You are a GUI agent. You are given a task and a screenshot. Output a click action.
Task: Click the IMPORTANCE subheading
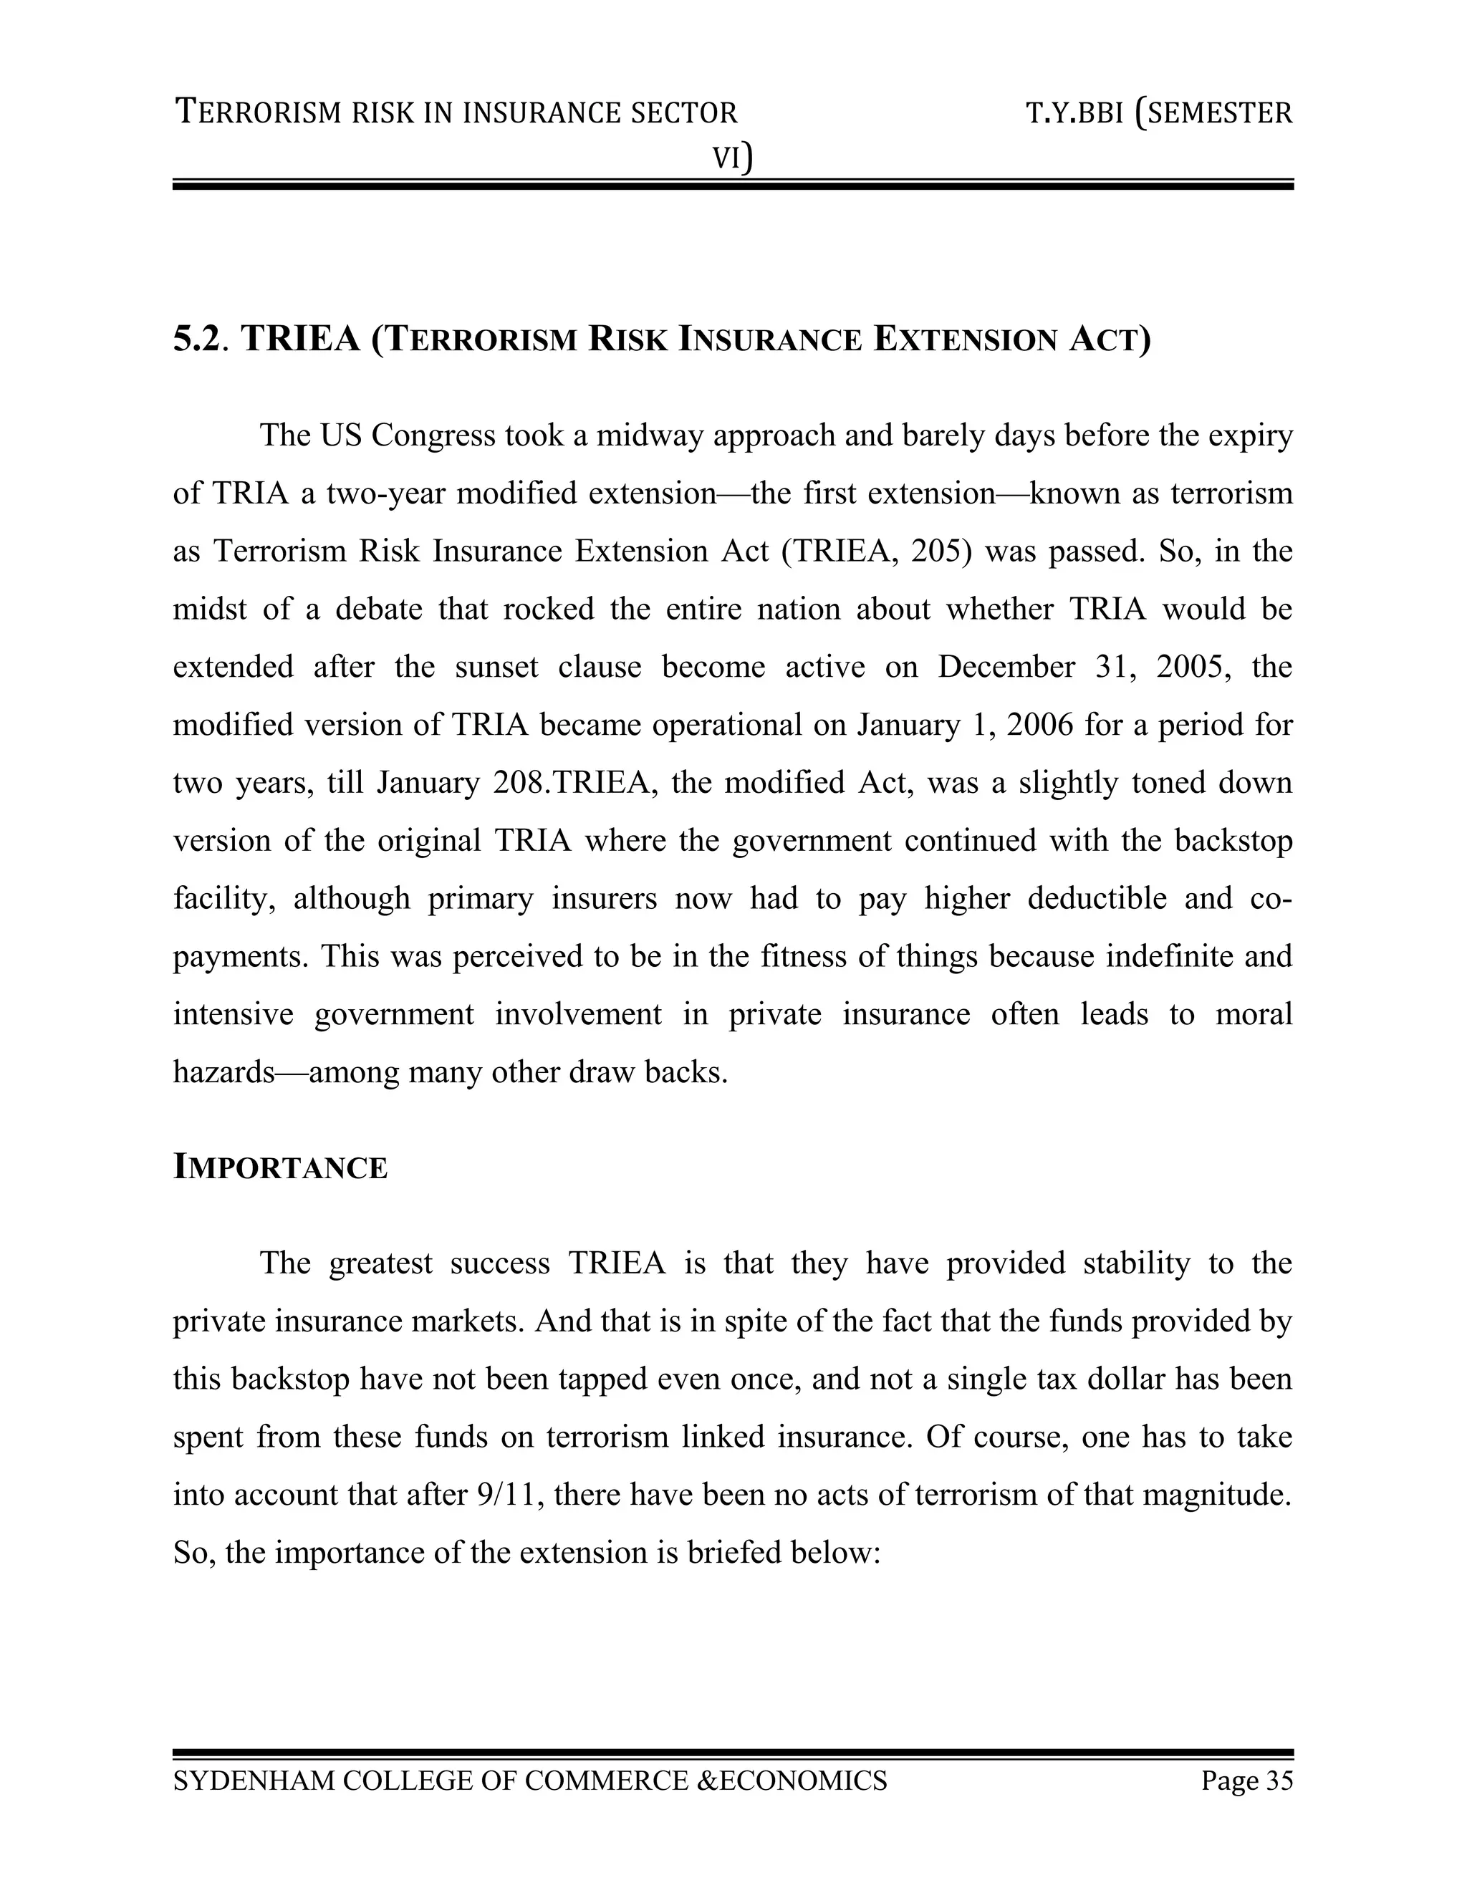click(x=280, y=1168)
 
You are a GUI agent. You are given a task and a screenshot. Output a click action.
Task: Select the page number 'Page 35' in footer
click(x=1246, y=1780)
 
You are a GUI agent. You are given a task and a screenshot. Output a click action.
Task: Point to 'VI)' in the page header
click(x=732, y=158)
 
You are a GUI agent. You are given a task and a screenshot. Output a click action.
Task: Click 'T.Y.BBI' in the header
click(x=1074, y=113)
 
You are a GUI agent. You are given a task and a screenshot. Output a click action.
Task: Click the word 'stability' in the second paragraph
click(x=1136, y=1263)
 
